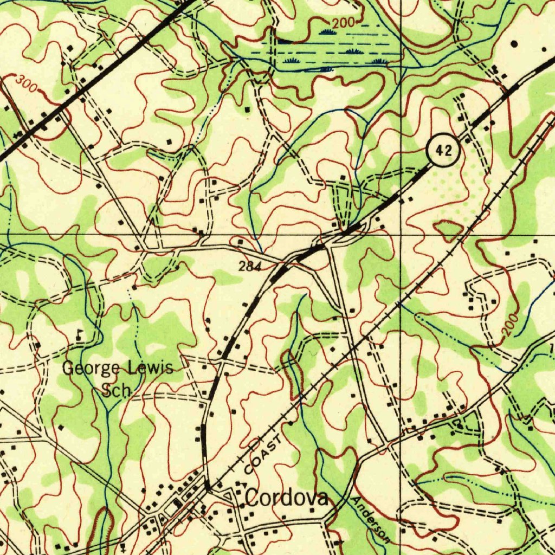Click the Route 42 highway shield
[x=443, y=151]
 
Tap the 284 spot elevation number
[x=250, y=266]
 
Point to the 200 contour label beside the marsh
[x=343, y=23]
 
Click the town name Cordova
[x=287, y=498]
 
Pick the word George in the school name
[x=91, y=369]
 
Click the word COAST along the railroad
[x=263, y=453]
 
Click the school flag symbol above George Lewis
[x=80, y=334]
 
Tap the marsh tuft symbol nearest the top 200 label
[x=326, y=33]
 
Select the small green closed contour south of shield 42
[x=448, y=230]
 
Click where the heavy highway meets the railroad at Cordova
[x=208, y=488]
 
